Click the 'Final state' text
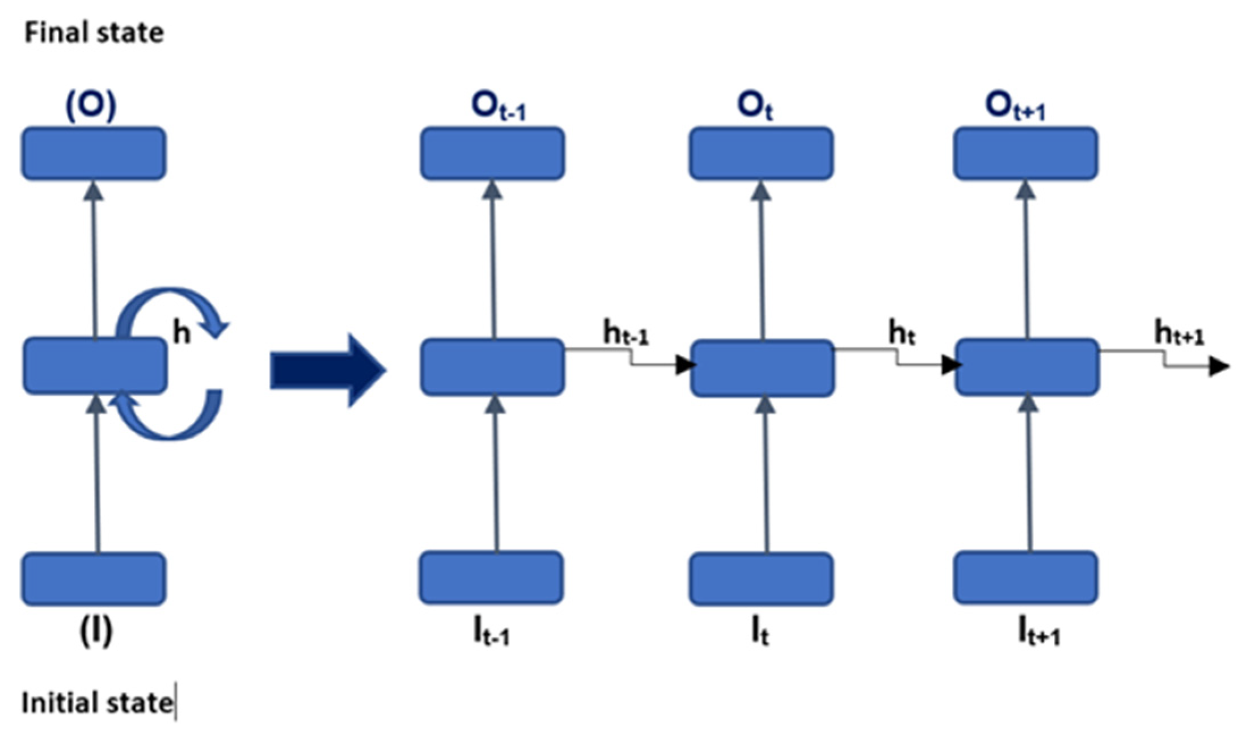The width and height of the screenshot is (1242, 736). [94, 33]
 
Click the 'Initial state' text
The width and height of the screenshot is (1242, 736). [97, 703]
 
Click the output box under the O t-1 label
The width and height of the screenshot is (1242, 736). [492, 154]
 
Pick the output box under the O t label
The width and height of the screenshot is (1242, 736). [761, 154]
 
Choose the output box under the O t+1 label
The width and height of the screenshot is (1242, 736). [1025, 154]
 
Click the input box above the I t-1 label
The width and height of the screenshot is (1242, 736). [491, 578]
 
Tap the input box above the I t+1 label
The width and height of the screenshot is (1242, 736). [1025, 578]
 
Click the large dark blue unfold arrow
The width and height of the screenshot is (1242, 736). [328, 371]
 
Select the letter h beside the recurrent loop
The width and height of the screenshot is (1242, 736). [181, 332]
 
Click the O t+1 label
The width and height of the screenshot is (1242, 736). [1015, 107]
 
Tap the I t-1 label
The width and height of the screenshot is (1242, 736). [491, 633]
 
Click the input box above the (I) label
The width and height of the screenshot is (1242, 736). [94, 579]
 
